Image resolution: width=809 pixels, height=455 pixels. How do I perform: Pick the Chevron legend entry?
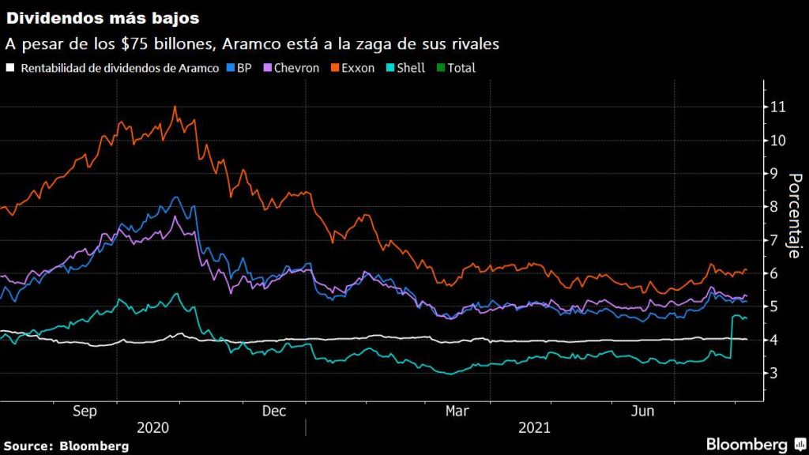tap(292, 68)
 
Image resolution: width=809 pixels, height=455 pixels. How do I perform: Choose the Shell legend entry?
tap(406, 68)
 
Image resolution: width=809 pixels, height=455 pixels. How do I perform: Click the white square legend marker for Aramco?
tap(10, 68)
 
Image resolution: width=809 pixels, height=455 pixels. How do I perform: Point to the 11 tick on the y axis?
tap(777, 107)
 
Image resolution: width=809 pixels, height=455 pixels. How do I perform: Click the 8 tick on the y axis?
tap(777, 207)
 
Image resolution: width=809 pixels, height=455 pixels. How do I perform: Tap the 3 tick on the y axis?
tap(777, 373)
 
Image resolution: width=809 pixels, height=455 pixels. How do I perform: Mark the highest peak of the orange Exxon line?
tap(174, 107)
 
